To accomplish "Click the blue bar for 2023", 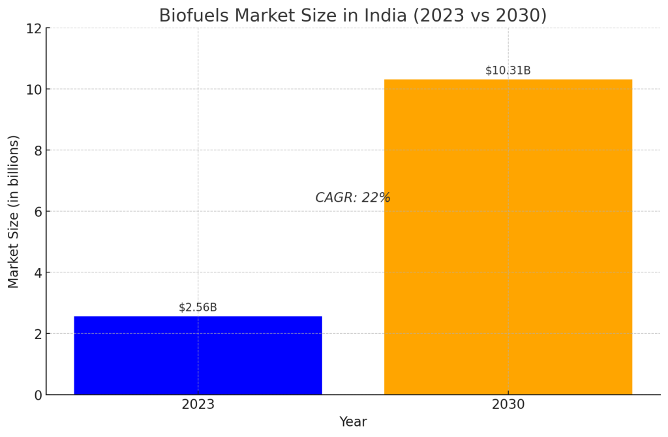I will point(198,355).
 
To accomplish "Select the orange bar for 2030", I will point(508,236).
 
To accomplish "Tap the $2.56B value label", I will point(198,308).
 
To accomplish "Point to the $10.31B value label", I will point(508,71).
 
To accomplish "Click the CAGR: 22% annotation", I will point(352,198).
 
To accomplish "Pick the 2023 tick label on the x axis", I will point(198,405).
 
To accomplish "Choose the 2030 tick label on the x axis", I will point(508,405).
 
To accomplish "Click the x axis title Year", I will point(353,423).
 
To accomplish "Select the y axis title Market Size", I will point(14,211).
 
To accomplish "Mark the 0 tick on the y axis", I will point(38,395).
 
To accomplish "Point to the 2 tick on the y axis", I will point(38,334).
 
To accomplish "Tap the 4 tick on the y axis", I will point(38,272).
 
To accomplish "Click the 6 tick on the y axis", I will point(38,212).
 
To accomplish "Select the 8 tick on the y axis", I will point(38,150).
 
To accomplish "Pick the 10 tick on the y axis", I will point(34,89).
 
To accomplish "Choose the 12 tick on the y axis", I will point(34,29).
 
